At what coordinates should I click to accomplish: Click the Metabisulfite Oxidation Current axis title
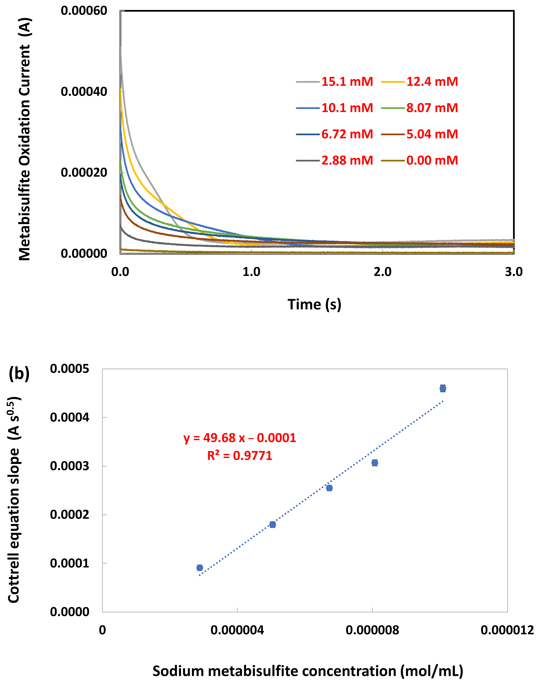pos(25,139)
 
